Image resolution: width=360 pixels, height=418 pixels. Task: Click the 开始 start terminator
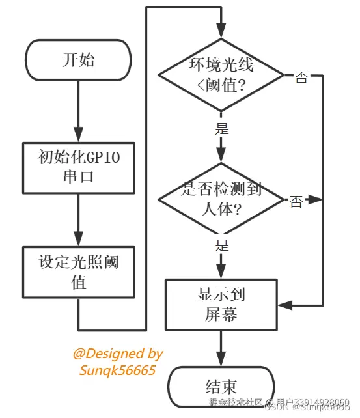78,60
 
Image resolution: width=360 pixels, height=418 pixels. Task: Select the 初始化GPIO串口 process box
78,167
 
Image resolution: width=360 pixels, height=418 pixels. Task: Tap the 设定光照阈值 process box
78,273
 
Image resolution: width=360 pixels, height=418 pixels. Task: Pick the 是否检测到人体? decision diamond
221,199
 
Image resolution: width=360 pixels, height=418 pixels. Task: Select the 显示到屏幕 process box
221,304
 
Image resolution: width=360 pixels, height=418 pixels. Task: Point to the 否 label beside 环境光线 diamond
301,77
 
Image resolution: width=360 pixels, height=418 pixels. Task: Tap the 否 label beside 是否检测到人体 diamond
296,202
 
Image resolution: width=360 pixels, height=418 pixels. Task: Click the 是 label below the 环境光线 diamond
222,129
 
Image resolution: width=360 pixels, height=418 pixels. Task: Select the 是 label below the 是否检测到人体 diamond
222,245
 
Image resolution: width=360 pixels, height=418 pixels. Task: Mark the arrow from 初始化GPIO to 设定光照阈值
78,221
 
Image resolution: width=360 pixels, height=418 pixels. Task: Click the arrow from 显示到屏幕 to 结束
221,348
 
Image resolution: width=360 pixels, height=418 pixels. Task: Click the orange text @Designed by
118,354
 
